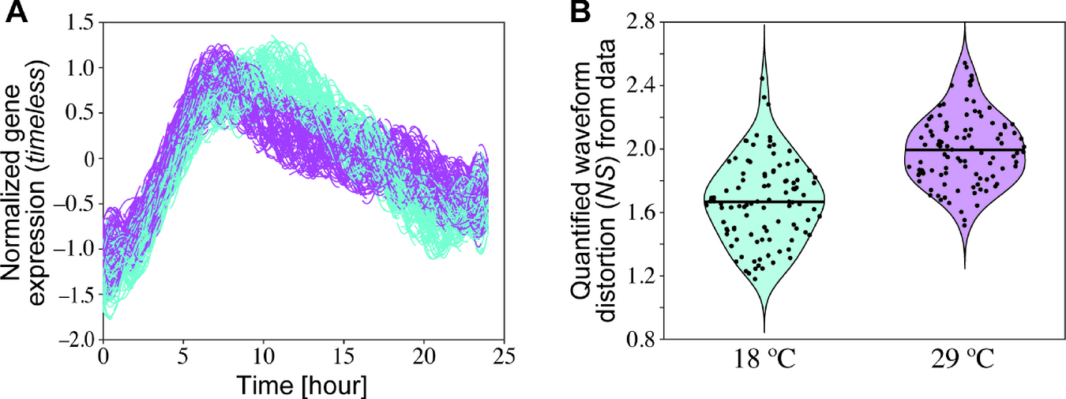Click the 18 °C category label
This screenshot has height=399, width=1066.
click(753, 363)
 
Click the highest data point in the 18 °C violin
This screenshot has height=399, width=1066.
click(763, 78)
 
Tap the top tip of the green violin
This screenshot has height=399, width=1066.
click(764, 26)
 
